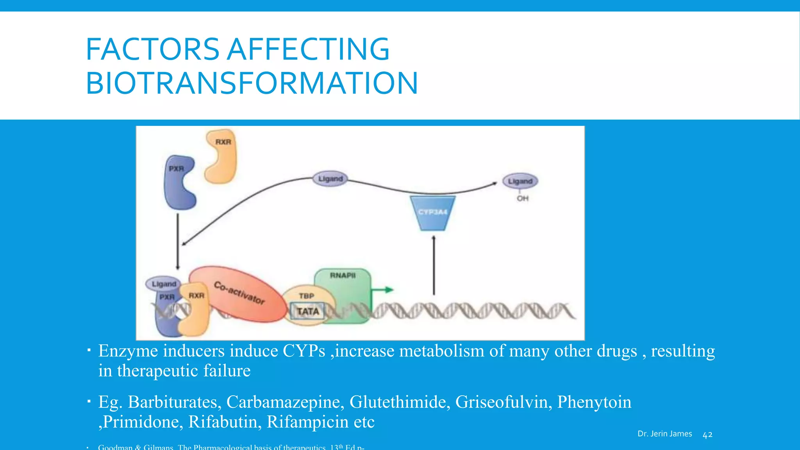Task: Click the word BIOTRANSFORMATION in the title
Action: click(252, 83)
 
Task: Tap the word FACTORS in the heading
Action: click(152, 49)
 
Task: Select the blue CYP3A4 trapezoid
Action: click(432, 213)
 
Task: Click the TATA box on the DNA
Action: click(307, 312)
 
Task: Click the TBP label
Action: click(307, 296)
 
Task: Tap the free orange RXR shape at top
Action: click(222, 156)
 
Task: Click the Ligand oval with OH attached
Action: click(520, 181)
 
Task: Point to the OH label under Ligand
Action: click(522, 198)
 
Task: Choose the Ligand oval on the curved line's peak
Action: click(330, 179)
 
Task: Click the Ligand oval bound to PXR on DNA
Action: click(164, 284)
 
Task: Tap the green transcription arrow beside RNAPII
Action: click(383, 290)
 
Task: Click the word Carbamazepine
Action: click(285, 402)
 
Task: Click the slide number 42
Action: click(707, 435)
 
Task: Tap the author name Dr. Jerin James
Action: click(664, 434)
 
